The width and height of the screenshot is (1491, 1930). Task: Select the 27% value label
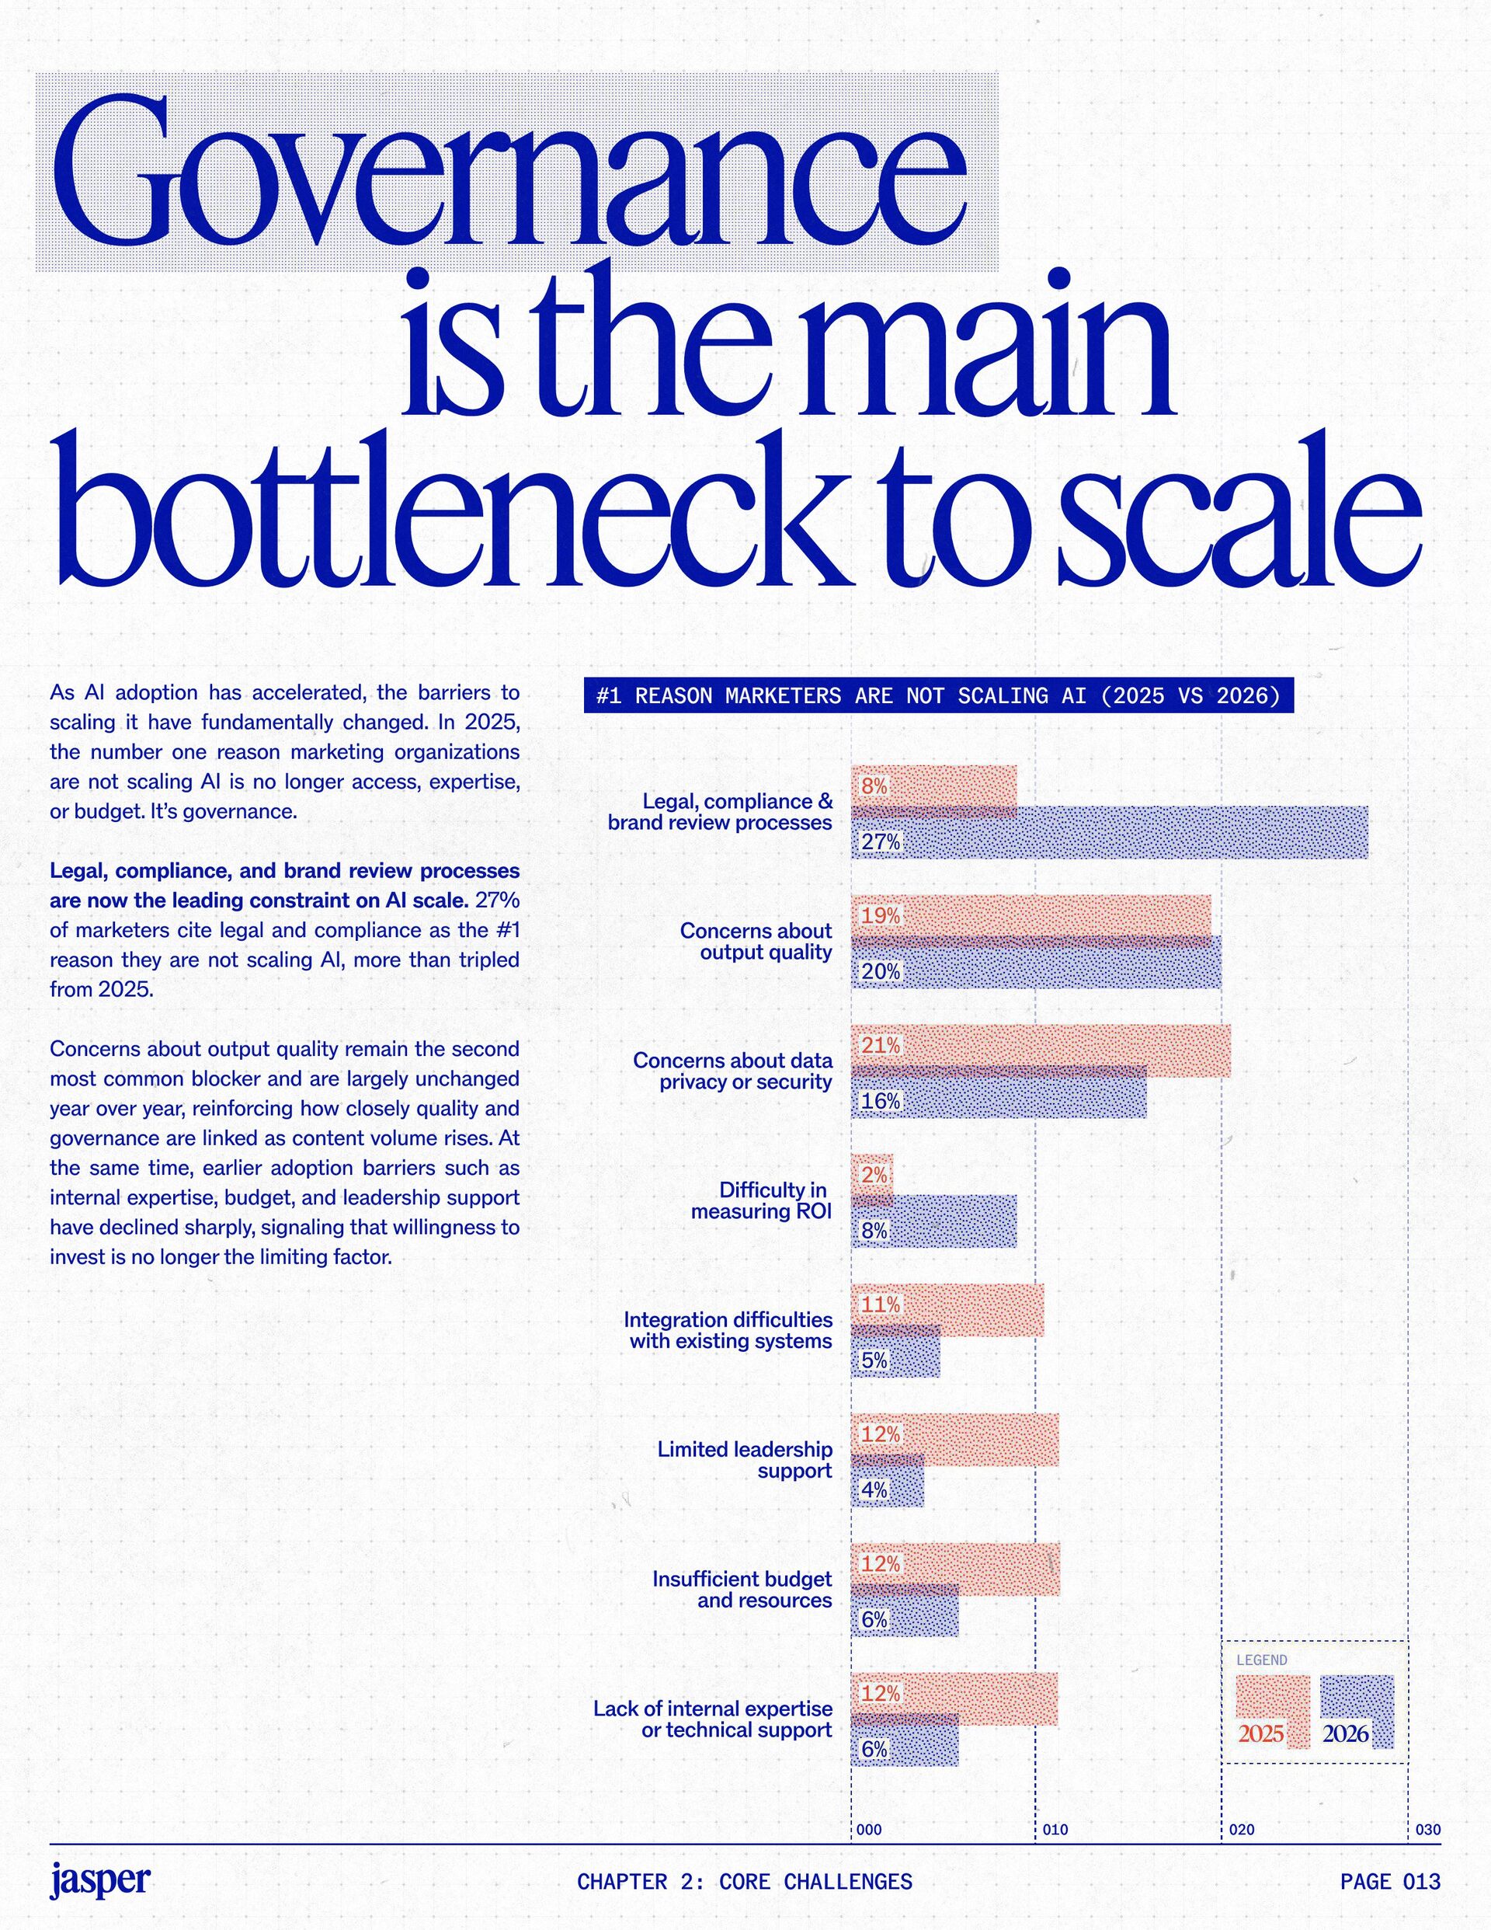coord(881,841)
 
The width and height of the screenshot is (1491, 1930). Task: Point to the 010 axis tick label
coord(1055,1830)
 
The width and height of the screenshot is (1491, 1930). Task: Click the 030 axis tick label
coord(1427,1830)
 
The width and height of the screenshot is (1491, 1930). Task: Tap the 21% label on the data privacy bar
coord(881,1046)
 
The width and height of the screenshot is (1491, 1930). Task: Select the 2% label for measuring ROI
coord(874,1176)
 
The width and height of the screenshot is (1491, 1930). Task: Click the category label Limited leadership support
coord(744,1459)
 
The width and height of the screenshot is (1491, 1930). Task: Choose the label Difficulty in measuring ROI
coord(760,1200)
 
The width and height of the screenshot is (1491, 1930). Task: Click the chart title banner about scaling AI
coord(938,696)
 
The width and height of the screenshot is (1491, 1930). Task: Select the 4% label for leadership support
coord(874,1490)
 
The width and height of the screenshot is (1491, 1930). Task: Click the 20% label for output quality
coord(881,971)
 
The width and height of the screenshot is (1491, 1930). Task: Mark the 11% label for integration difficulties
coord(881,1305)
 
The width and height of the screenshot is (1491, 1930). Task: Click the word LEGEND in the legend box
coord(1261,1660)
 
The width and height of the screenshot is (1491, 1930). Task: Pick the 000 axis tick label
coord(869,1830)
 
